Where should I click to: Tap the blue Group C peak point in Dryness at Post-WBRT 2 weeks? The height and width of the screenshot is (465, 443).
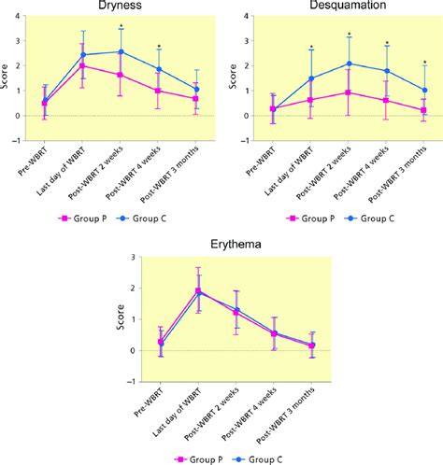(x=120, y=51)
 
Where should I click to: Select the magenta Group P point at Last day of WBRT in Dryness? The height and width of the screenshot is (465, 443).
(x=83, y=66)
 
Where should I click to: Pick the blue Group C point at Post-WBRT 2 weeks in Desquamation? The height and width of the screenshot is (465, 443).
(x=349, y=63)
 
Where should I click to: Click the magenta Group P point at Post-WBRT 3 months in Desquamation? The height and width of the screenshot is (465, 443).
(x=424, y=109)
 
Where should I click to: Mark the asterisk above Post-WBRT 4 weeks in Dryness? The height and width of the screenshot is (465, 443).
(x=158, y=47)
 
